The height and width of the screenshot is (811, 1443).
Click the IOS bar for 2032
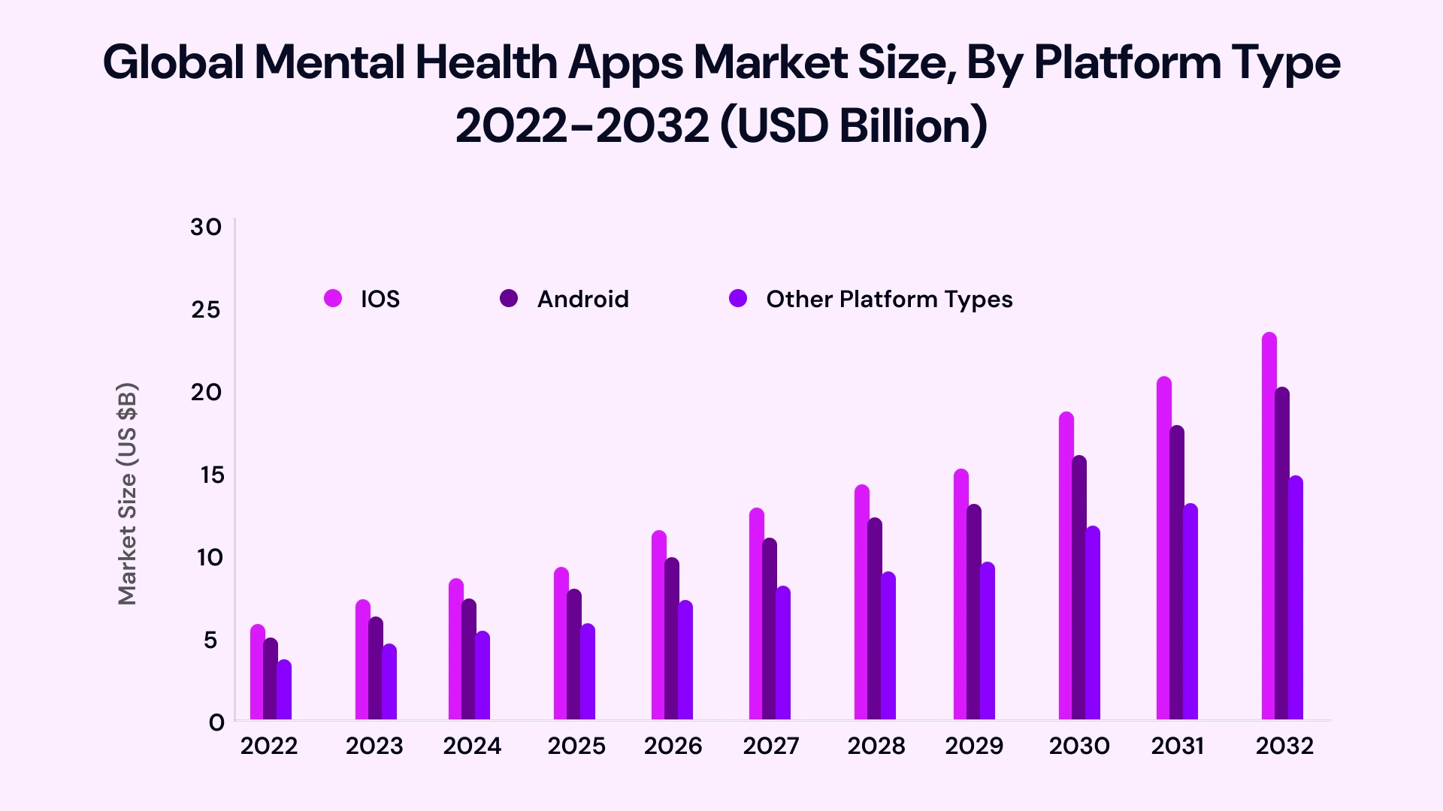click(1269, 526)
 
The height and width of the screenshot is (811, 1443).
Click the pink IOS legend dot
click(333, 299)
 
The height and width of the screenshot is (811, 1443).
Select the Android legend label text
click(582, 299)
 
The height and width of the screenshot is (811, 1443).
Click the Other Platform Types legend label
click(889, 299)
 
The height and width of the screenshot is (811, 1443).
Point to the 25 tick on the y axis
click(205, 309)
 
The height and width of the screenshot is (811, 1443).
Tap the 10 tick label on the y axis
click(210, 557)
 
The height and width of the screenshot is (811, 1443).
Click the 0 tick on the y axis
click(216, 722)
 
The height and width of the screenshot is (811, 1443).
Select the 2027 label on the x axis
click(771, 746)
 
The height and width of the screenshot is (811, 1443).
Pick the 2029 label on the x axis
click(974, 746)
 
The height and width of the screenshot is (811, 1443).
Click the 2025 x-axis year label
click(576, 746)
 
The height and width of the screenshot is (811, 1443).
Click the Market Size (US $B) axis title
click(128, 493)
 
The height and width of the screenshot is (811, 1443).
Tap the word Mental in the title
click(330, 62)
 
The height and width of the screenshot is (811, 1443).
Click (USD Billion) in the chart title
click(853, 125)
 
